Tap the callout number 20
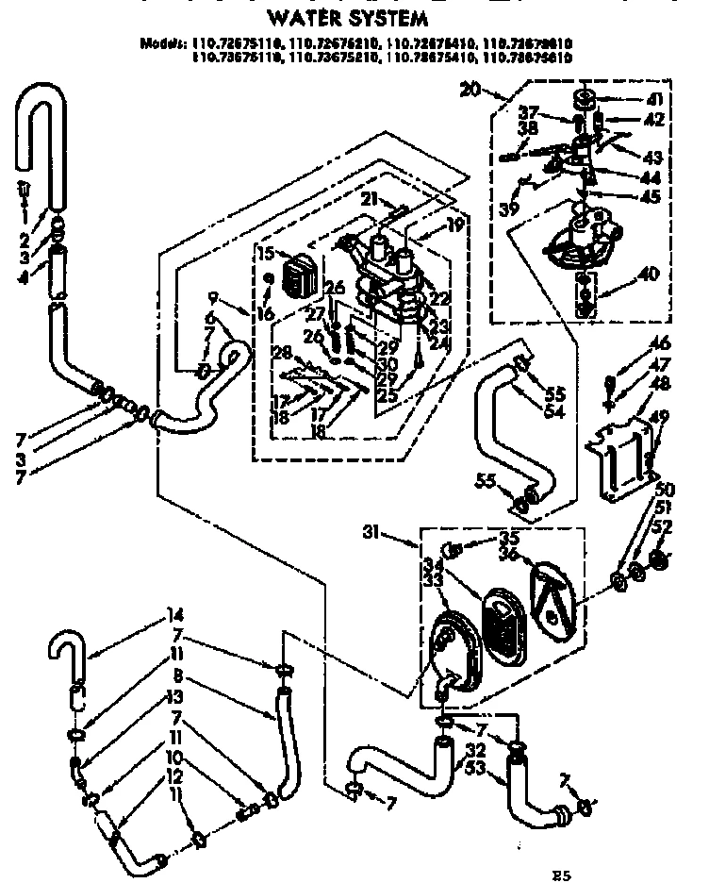(x=471, y=90)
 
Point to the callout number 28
(x=279, y=352)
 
